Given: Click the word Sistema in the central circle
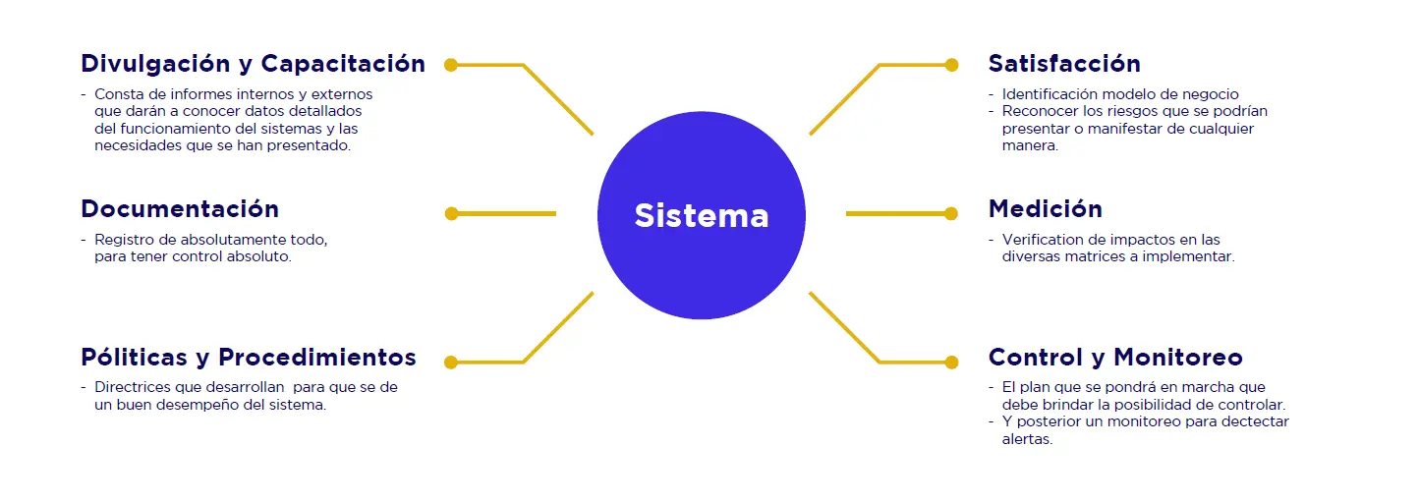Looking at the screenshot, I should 701,215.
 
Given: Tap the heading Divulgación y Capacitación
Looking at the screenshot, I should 253,64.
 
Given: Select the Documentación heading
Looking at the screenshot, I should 180,209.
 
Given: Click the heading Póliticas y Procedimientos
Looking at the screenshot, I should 249,357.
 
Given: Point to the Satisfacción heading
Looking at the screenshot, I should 1064,64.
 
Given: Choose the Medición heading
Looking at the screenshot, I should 1045,209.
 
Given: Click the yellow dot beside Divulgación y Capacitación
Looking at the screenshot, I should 451,65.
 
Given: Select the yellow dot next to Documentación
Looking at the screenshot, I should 451,213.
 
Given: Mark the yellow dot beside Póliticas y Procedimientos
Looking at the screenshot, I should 451,363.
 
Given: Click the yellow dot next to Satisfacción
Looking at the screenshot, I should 951,65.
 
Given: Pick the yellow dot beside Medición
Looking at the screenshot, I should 951,213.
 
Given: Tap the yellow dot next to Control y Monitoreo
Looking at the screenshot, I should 951,363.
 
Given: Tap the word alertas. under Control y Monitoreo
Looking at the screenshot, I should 1027,439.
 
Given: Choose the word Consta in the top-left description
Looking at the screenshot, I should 116,94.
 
